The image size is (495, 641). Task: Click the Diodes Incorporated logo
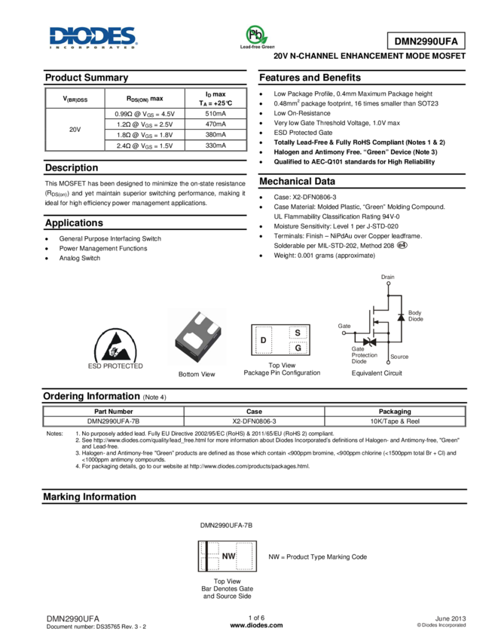click(x=93, y=35)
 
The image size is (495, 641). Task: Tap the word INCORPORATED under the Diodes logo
click(x=93, y=47)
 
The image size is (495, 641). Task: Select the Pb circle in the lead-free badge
click(x=256, y=35)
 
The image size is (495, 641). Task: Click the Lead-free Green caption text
click(x=257, y=48)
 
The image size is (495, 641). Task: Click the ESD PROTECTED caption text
click(x=117, y=365)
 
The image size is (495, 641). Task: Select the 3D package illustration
click(x=197, y=336)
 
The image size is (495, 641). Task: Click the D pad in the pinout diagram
click(x=263, y=341)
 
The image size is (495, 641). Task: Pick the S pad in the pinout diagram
click(x=298, y=333)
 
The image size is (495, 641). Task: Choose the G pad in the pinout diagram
click(x=298, y=348)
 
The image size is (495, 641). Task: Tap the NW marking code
click(x=228, y=557)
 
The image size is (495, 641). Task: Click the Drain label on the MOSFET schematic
click(x=388, y=278)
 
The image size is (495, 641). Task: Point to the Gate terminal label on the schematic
click(x=344, y=326)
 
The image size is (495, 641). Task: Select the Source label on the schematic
click(x=399, y=357)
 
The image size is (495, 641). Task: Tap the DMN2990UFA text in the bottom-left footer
click(x=73, y=618)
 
